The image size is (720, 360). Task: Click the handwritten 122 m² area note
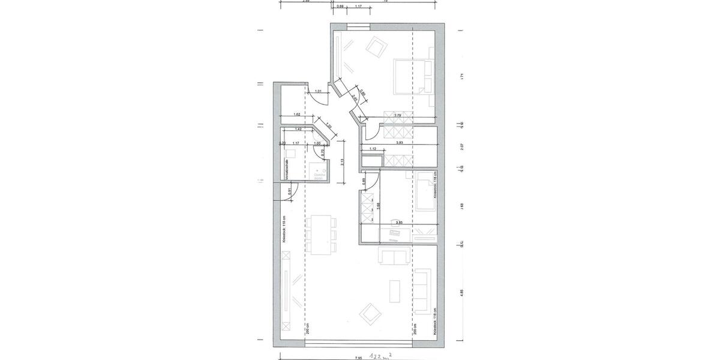[382, 354]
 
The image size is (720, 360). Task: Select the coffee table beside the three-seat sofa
[395, 292]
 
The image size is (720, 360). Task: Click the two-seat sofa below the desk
[394, 257]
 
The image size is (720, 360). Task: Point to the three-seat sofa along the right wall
[424, 292]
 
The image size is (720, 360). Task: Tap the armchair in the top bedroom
[377, 47]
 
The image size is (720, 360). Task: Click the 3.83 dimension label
[400, 143]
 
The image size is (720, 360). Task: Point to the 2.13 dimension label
[341, 161]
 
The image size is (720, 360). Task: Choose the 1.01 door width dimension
[319, 92]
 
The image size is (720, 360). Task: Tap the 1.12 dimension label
[373, 149]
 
